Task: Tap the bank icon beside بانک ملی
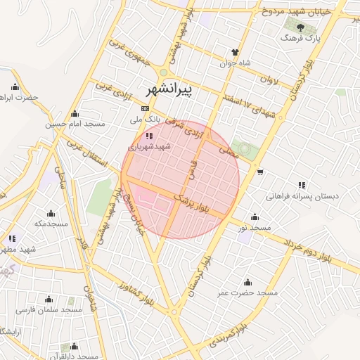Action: (145, 108)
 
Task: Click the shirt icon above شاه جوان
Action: (236, 52)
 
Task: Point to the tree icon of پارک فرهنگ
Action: (301, 27)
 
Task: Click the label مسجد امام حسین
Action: (75, 124)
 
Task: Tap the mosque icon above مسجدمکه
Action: (51, 213)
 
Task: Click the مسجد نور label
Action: (254, 229)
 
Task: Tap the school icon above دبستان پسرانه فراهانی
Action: (302, 185)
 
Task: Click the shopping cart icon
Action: (260, 172)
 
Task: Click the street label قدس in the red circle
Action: (192, 167)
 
